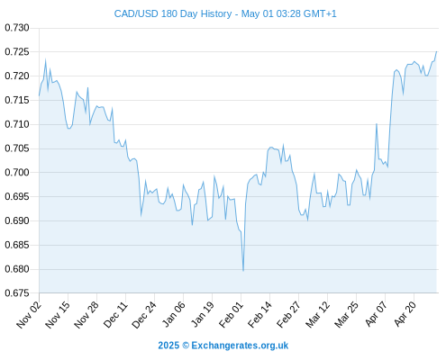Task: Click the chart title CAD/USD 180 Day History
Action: coord(173,14)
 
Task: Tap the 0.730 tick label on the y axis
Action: coord(17,28)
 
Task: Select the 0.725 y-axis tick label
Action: coord(17,52)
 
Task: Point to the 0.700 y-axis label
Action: coord(17,173)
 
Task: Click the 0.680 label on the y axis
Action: coord(17,269)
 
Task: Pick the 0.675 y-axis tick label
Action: coord(17,293)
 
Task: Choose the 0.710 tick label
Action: coord(17,124)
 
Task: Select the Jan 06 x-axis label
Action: coord(173,314)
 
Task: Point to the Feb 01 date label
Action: coord(231,314)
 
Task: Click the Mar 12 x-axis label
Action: coord(317,314)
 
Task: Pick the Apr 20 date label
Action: coord(405,314)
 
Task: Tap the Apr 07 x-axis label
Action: coord(376,314)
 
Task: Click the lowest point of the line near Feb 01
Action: coord(243,271)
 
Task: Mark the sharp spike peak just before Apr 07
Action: coord(377,123)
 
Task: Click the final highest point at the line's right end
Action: coord(436,51)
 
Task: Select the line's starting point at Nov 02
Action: coord(39,95)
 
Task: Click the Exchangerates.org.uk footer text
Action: coord(240,346)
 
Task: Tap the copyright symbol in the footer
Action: coord(186,346)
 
